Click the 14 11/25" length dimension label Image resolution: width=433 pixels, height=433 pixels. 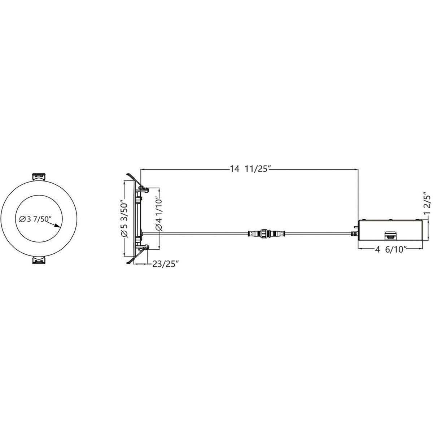pos(250,169)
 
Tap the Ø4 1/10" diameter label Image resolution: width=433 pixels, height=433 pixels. pos(158,214)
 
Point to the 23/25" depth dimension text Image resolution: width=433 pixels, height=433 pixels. pos(166,264)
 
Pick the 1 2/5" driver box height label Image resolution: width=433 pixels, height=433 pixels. pos(428,205)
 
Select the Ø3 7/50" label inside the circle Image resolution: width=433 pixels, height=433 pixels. pos(36,219)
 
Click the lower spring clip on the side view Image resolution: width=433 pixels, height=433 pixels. pos(143,248)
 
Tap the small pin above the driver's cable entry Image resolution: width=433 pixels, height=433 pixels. pos(356,227)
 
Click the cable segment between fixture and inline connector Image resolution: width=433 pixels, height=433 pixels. pos(202,233)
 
